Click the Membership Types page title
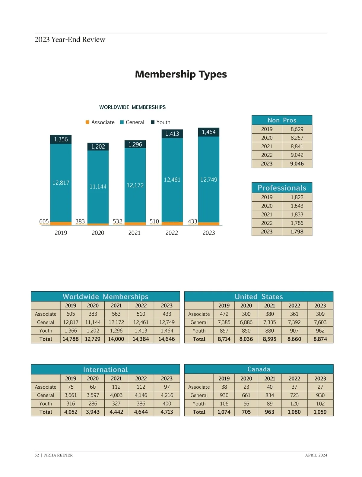coord(181,74)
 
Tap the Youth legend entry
coord(161,122)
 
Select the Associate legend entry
coord(100,122)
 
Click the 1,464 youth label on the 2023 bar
coord(209,132)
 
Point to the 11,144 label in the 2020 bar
coord(98,187)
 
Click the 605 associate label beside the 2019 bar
coord(44,221)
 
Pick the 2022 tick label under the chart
coord(172,233)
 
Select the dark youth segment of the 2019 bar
coord(61,139)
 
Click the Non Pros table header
coord(282,120)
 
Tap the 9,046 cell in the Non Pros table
coord(297,164)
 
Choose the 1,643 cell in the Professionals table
coord(297,206)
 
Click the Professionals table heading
coord(282,188)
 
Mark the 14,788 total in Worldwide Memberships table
coord(71,339)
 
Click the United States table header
coord(259,297)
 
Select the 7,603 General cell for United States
coord(320,322)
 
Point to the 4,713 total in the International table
coord(167,412)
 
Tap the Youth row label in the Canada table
coord(199,403)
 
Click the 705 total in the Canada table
coord(246,412)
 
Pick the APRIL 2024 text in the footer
coord(316,455)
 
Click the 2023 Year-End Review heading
coord(70,39)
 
